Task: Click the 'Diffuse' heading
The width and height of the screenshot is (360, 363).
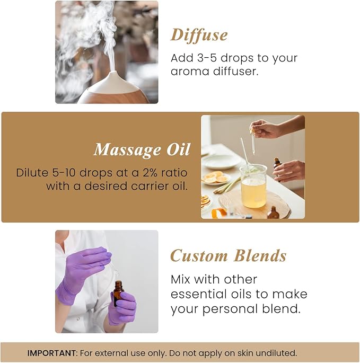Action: (199, 35)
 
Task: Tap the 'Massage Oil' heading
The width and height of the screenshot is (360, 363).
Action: (142, 150)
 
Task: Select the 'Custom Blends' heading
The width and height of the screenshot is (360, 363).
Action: (228, 256)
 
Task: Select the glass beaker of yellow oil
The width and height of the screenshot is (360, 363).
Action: (253, 187)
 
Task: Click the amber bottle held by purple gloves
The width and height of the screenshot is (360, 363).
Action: (118, 293)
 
